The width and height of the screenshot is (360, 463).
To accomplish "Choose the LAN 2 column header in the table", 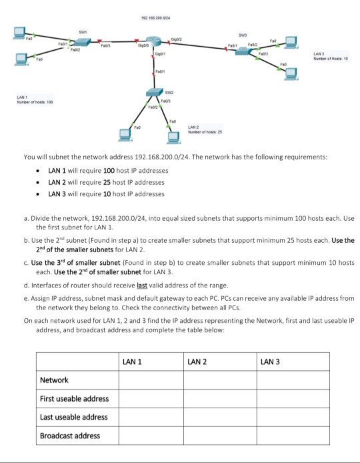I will tap(197, 361).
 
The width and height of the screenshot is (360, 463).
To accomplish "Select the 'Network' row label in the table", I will tap(55, 380).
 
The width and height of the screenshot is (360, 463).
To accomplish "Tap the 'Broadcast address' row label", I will tap(70, 436).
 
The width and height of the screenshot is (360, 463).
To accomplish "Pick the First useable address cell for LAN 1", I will tap(151, 398).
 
